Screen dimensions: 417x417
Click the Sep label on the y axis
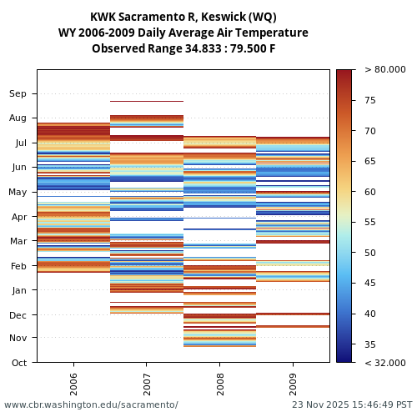[18, 94]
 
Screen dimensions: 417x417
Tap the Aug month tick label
[18, 118]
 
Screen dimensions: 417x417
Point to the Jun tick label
[18, 168]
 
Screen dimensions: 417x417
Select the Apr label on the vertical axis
[18, 217]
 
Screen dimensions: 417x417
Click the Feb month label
[18, 266]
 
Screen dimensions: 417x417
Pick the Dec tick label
[18, 315]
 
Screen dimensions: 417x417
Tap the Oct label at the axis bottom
[18, 363]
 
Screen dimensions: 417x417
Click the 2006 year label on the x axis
[73, 380]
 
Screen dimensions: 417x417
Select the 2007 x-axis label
[147, 380]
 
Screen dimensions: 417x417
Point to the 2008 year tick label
[219, 380]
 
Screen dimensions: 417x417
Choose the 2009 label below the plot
[293, 380]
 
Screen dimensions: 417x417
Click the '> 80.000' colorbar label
[384, 70]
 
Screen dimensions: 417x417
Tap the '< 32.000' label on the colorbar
[384, 363]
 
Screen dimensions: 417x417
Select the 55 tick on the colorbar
[370, 223]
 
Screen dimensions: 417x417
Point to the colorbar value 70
[370, 131]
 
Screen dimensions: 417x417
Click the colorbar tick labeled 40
[370, 314]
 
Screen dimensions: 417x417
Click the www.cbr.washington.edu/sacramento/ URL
[91, 404]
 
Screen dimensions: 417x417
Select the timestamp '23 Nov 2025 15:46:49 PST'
[352, 404]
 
